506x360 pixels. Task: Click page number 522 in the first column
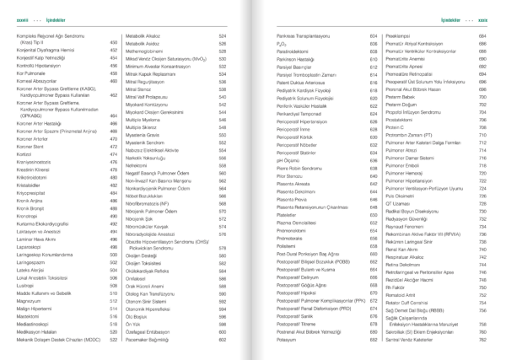click(112, 340)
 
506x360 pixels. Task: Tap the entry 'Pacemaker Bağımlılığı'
click(150, 339)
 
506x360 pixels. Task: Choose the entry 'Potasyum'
click(291, 339)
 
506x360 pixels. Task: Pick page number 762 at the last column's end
click(482, 339)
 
